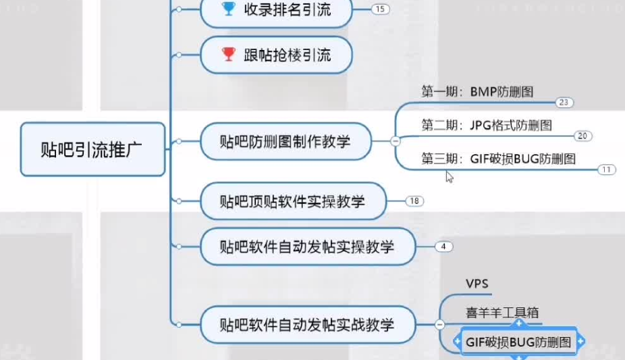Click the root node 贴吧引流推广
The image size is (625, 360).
[92, 149]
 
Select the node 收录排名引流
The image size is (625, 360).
[277, 10]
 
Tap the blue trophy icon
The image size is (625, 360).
[229, 9]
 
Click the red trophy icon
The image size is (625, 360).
[229, 54]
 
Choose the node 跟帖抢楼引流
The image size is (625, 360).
[277, 55]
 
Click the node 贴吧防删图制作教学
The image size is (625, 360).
[286, 141]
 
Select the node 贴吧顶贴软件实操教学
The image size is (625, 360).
[292, 201]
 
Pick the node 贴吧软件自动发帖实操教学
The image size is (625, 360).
[306, 247]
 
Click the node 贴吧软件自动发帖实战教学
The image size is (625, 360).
[306, 325]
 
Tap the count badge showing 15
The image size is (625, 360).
[381, 9]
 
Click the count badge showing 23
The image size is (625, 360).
[564, 103]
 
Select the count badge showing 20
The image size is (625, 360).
[583, 136]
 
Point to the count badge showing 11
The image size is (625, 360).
[606, 170]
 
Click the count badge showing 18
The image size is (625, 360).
[414, 201]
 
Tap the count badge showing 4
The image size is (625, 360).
[443, 247]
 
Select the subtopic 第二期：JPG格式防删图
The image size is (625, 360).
[487, 125]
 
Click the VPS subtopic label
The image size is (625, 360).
[477, 283]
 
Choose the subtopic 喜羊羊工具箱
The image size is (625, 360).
[501, 313]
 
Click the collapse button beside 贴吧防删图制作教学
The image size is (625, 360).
[395, 141]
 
